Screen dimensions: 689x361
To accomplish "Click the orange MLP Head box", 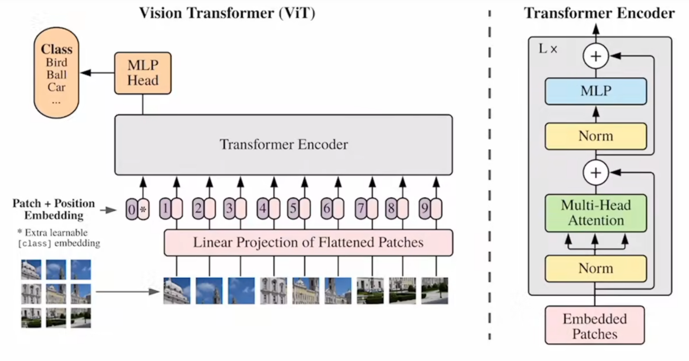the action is click(x=143, y=73).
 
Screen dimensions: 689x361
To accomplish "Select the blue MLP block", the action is click(x=596, y=91).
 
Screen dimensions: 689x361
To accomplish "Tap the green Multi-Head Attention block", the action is click(x=596, y=213).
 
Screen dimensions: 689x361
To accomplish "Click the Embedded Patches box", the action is click(x=594, y=325).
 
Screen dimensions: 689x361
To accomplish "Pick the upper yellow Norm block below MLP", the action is click(x=596, y=136).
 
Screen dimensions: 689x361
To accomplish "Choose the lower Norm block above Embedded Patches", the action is click(x=596, y=269).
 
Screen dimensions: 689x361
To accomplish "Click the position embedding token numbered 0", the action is click(x=132, y=209).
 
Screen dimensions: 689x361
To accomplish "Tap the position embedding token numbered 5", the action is click(x=293, y=209).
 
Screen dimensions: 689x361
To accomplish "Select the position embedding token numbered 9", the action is click(x=425, y=209).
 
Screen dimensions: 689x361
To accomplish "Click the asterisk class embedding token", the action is click(x=144, y=209).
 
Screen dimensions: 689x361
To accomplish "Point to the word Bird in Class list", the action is click(x=57, y=62).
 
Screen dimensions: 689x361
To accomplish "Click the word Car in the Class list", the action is click(x=57, y=87).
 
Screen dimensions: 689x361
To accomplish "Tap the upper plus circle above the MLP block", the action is click(x=596, y=56).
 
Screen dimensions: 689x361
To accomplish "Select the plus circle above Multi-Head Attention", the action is click(x=596, y=173).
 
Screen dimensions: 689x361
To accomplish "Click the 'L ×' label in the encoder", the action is click(x=548, y=49).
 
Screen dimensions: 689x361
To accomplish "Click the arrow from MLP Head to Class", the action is click(x=97, y=73).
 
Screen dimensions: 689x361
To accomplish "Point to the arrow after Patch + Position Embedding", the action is click(x=108, y=210).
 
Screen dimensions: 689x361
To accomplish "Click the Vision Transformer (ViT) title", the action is click(x=227, y=13).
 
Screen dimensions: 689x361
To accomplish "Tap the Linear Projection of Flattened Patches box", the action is click(x=309, y=243).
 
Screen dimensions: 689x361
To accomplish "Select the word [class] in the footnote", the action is click(x=34, y=243).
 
